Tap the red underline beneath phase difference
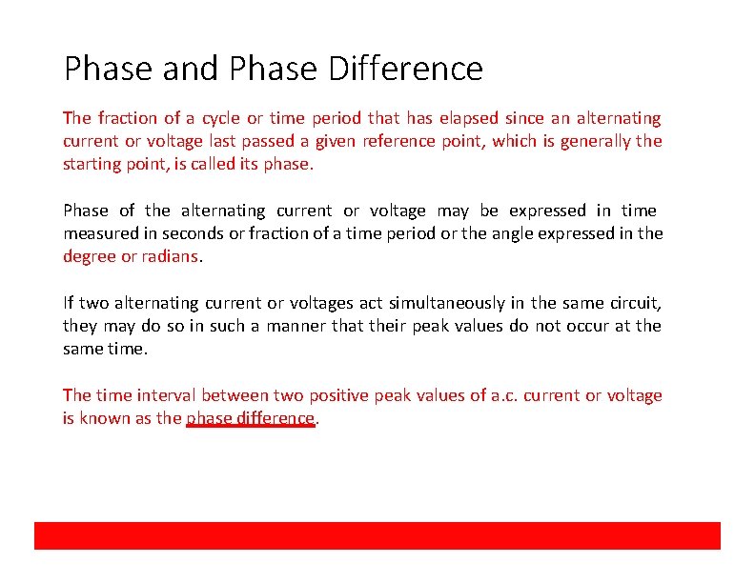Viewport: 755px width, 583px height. tap(250, 427)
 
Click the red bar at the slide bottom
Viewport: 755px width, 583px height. tap(377, 535)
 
